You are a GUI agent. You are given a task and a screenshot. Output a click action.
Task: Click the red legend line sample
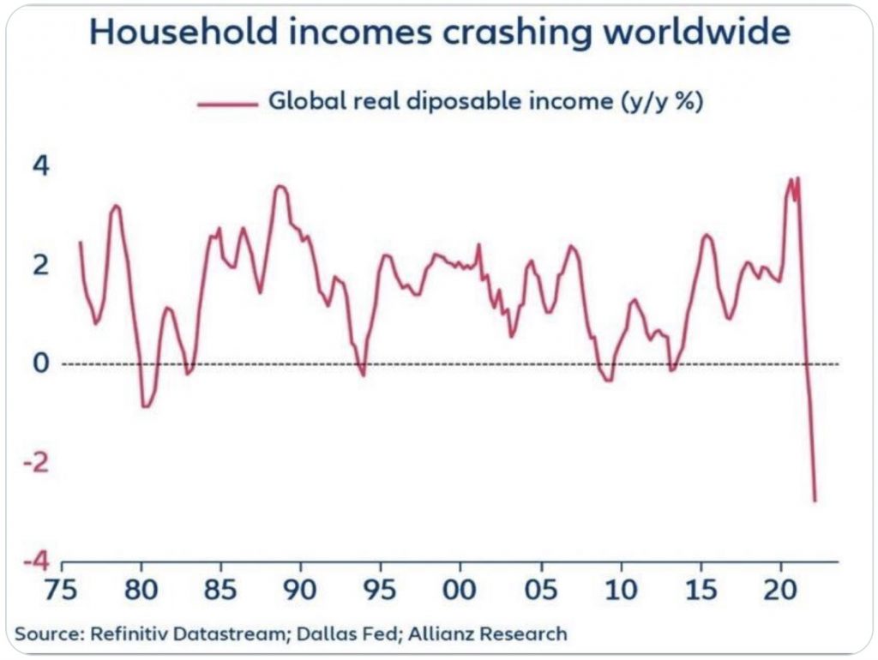pyautogui.click(x=227, y=104)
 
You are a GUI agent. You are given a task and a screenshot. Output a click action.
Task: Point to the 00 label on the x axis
pyautogui.click(x=461, y=593)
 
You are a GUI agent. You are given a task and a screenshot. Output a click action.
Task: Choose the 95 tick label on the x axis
pyautogui.click(x=381, y=593)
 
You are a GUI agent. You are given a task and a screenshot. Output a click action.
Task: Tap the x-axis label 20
pyautogui.click(x=781, y=593)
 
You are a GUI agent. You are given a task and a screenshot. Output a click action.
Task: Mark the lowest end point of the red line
pyautogui.click(x=815, y=501)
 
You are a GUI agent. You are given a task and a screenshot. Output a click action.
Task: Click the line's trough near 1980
pyautogui.click(x=146, y=406)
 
